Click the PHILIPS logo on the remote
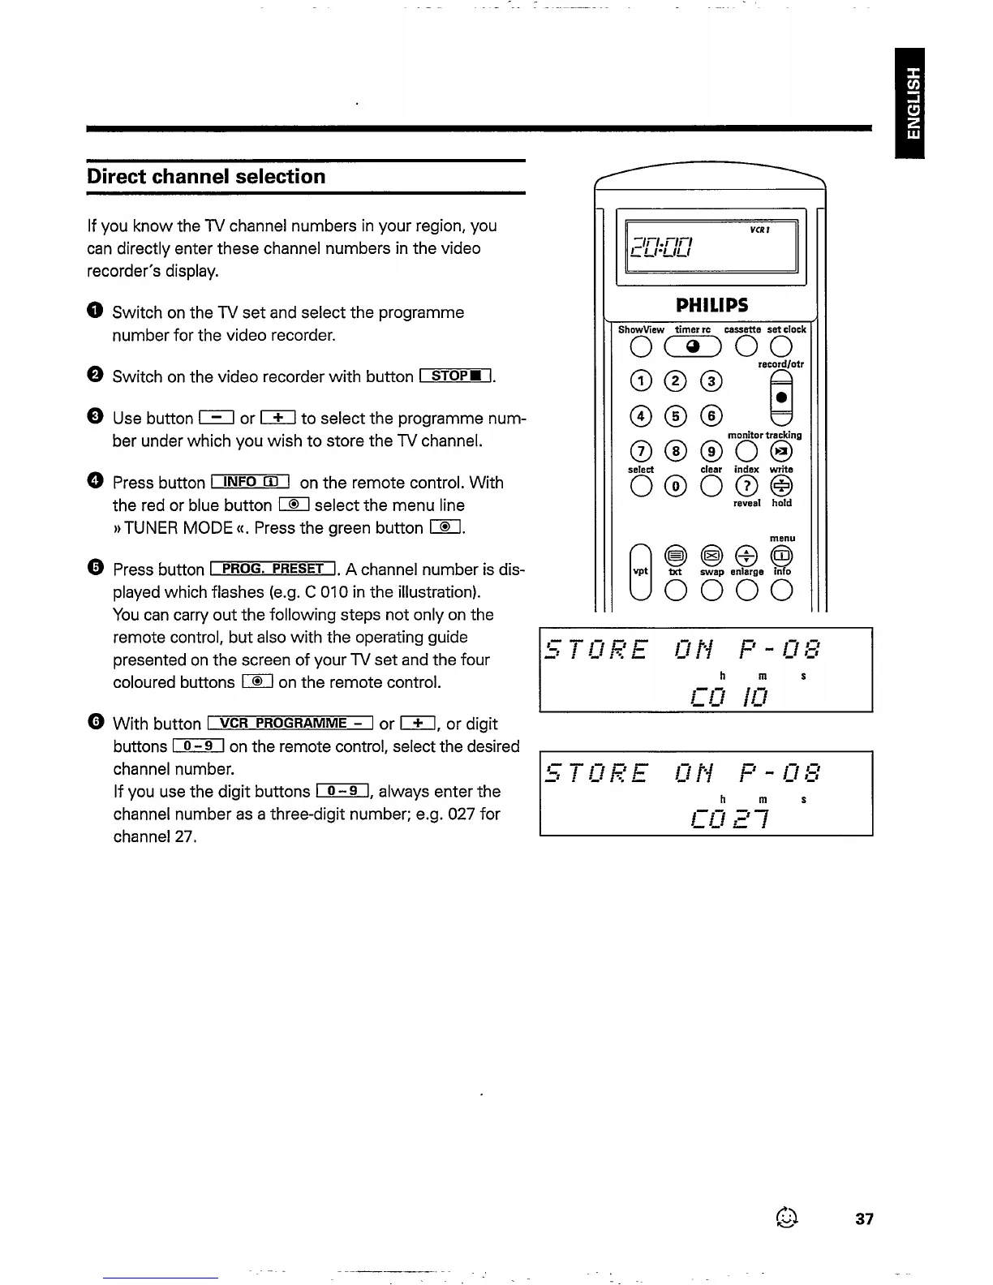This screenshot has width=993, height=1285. [711, 305]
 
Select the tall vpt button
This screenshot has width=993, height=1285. [640, 571]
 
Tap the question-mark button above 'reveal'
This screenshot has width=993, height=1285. [746, 486]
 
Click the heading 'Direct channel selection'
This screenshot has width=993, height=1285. [206, 177]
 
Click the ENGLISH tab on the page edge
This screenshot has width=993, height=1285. [913, 103]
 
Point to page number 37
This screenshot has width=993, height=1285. [864, 1218]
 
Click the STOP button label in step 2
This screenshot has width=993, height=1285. [456, 376]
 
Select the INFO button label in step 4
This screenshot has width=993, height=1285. [251, 482]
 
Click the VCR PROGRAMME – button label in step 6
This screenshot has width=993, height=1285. [290, 723]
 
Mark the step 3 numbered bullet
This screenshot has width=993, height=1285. [95, 417]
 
